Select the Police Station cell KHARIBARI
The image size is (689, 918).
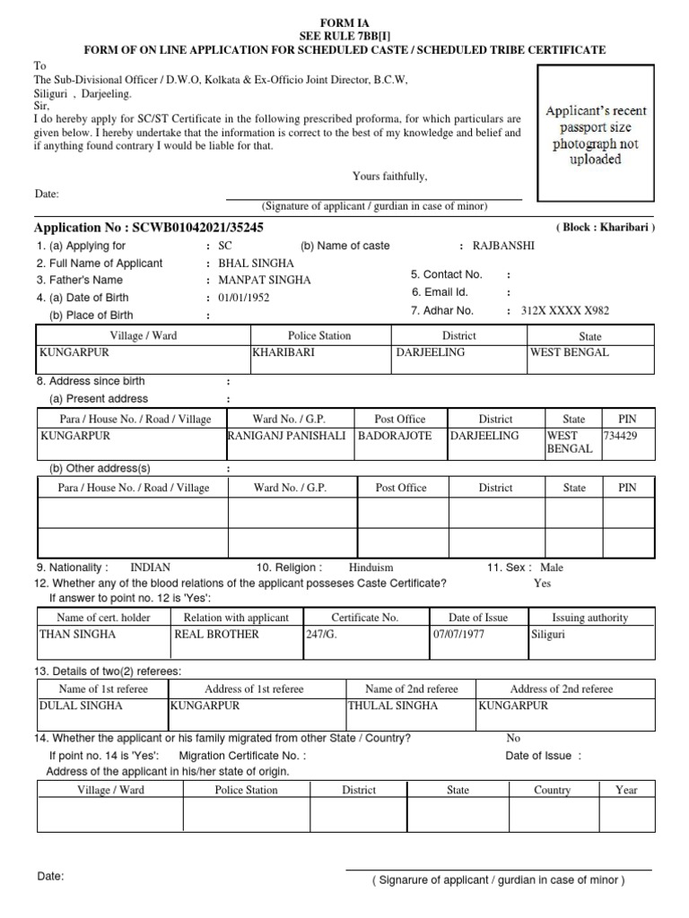click(283, 352)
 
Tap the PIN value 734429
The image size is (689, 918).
click(621, 436)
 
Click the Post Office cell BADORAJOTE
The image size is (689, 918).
click(395, 436)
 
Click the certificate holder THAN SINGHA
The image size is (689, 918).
click(78, 634)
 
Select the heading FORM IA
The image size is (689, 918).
click(344, 21)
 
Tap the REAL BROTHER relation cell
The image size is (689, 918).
click(217, 634)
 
